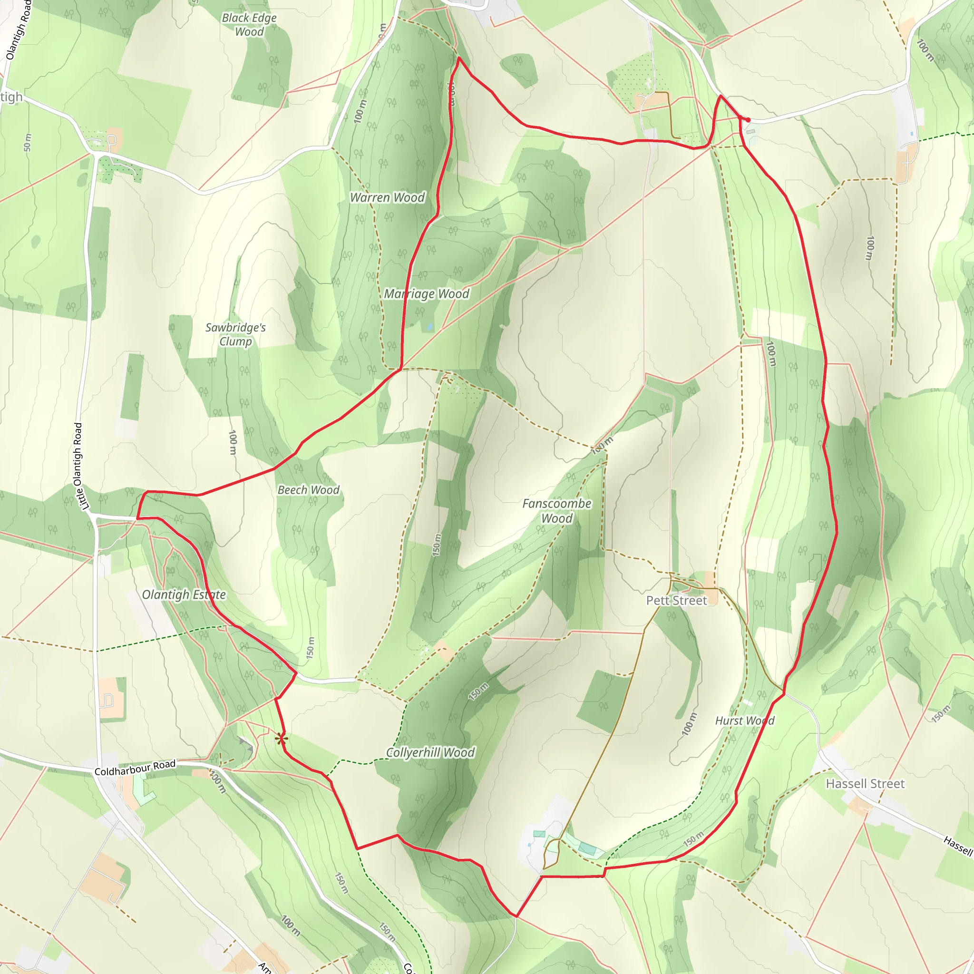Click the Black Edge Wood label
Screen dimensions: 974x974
click(x=249, y=25)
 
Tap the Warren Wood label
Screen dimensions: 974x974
click(x=387, y=198)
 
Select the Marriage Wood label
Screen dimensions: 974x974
click(x=427, y=294)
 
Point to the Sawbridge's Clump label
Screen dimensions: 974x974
click(x=235, y=334)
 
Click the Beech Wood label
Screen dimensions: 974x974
click(x=309, y=490)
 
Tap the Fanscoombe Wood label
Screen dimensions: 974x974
click(x=556, y=511)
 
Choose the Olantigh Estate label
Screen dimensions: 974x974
click(x=184, y=595)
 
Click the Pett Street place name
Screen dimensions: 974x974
click(x=677, y=601)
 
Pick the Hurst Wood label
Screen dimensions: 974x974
click(x=745, y=721)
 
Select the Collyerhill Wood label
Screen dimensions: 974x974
click(x=430, y=753)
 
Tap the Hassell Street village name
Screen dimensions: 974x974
click(x=865, y=783)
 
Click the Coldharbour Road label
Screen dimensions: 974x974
click(x=135, y=768)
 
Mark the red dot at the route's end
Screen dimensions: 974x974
click(x=748, y=120)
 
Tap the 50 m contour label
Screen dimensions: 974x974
click(x=27, y=142)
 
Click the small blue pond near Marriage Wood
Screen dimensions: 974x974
click(x=429, y=327)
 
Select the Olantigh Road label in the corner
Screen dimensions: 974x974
click(x=18, y=30)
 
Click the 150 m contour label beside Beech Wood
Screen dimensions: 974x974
click(x=310, y=647)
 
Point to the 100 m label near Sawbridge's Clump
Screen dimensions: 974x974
click(x=233, y=443)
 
